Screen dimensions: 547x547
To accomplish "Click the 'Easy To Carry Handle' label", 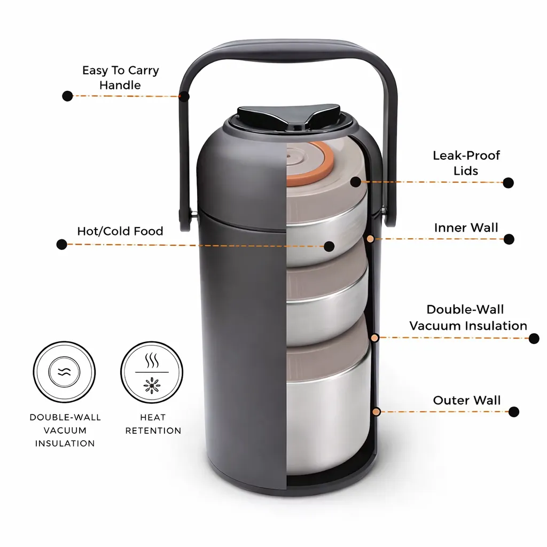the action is click(120, 77).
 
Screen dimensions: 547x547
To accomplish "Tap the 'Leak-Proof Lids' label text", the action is click(466, 163).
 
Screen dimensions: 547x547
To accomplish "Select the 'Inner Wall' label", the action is click(466, 228).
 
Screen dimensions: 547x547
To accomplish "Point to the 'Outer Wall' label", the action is click(467, 400).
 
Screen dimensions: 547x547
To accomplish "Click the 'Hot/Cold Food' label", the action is click(120, 231).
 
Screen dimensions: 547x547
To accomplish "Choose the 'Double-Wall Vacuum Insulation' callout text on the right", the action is click(468, 317).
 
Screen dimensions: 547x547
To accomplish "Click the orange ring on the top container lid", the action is click(310, 164).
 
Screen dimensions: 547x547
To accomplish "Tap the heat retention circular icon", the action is click(152, 372).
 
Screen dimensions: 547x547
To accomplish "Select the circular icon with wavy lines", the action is click(64, 372).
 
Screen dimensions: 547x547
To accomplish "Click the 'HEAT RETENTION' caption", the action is click(153, 424).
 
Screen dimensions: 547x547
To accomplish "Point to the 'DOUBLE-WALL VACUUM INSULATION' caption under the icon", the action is click(65, 430).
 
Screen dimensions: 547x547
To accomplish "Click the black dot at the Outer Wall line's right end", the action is click(513, 412).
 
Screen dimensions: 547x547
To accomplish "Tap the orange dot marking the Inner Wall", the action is click(371, 239).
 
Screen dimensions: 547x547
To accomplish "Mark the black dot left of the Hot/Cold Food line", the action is click(62, 244).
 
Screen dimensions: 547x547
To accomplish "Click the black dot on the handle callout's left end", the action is click(67, 96).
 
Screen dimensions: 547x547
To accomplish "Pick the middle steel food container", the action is click(327, 300).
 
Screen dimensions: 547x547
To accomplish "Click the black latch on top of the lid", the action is click(288, 117).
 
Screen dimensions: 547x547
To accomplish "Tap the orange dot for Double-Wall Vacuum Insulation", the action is click(374, 338).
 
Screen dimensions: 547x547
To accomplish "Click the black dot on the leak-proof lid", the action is click(355, 182).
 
